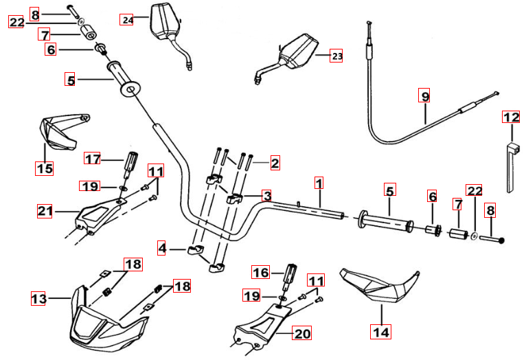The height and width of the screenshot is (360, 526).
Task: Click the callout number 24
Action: (x=126, y=19)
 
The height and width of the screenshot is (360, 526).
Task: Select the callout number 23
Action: (x=336, y=56)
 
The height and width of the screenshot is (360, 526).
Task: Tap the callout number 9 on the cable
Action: (x=425, y=96)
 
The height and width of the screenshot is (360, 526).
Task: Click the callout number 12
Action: (x=512, y=117)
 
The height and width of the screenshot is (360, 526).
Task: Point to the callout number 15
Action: (x=44, y=167)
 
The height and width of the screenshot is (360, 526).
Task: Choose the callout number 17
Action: (x=93, y=159)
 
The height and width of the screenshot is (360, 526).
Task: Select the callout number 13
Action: (x=39, y=298)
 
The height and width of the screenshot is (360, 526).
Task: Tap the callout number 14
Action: (x=380, y=333)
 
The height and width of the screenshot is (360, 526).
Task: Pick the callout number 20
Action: (x=302, y=334)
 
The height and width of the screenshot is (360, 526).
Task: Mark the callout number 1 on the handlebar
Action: (x=319, y=183)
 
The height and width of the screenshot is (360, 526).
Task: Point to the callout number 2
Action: (x=275, y=164)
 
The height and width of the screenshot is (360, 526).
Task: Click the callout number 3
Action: (x=266, y=195)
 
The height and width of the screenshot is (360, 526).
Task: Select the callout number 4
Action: (x=162, y=247)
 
